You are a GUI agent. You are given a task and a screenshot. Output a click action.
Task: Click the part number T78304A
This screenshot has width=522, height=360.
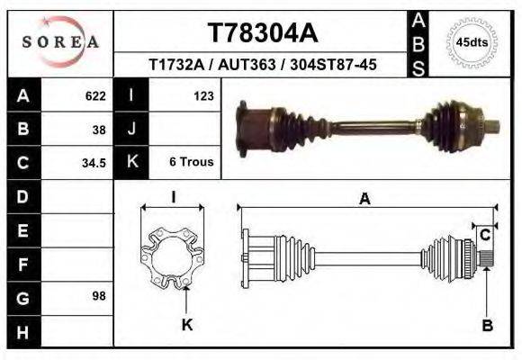tap(263, 33)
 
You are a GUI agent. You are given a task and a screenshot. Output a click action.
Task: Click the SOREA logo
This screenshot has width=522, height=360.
tap(60, 41)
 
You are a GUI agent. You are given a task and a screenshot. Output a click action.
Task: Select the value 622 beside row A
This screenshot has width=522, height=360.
tap(95, 95)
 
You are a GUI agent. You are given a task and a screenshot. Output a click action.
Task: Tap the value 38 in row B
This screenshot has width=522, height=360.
tap(99, 129)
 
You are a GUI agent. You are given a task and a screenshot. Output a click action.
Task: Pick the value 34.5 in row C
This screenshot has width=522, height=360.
tap(94, 163)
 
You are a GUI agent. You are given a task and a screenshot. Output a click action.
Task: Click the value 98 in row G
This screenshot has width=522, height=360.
tap(99, 296)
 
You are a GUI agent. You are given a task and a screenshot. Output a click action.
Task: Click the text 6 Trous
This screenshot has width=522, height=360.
tap(191, 162)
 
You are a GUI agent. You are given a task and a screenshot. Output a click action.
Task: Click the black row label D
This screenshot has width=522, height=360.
tap(23, 196)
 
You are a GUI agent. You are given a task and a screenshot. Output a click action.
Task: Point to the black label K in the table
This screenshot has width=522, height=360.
tap(131, 162)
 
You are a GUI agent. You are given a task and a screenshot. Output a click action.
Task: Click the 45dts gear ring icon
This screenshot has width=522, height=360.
tap(472, 41)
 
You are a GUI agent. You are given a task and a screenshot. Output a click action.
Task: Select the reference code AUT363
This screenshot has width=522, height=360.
tap(261, 65)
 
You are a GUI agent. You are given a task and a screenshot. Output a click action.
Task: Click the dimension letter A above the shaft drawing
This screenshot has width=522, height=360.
tap(364, 200)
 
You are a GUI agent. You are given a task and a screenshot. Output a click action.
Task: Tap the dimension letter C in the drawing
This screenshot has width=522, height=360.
tap(484, 235)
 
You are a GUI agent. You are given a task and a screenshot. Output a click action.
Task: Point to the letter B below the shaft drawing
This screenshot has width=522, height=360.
tap(487, 325)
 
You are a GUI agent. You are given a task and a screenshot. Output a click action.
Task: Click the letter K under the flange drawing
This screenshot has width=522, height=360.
tap(187, 324)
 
